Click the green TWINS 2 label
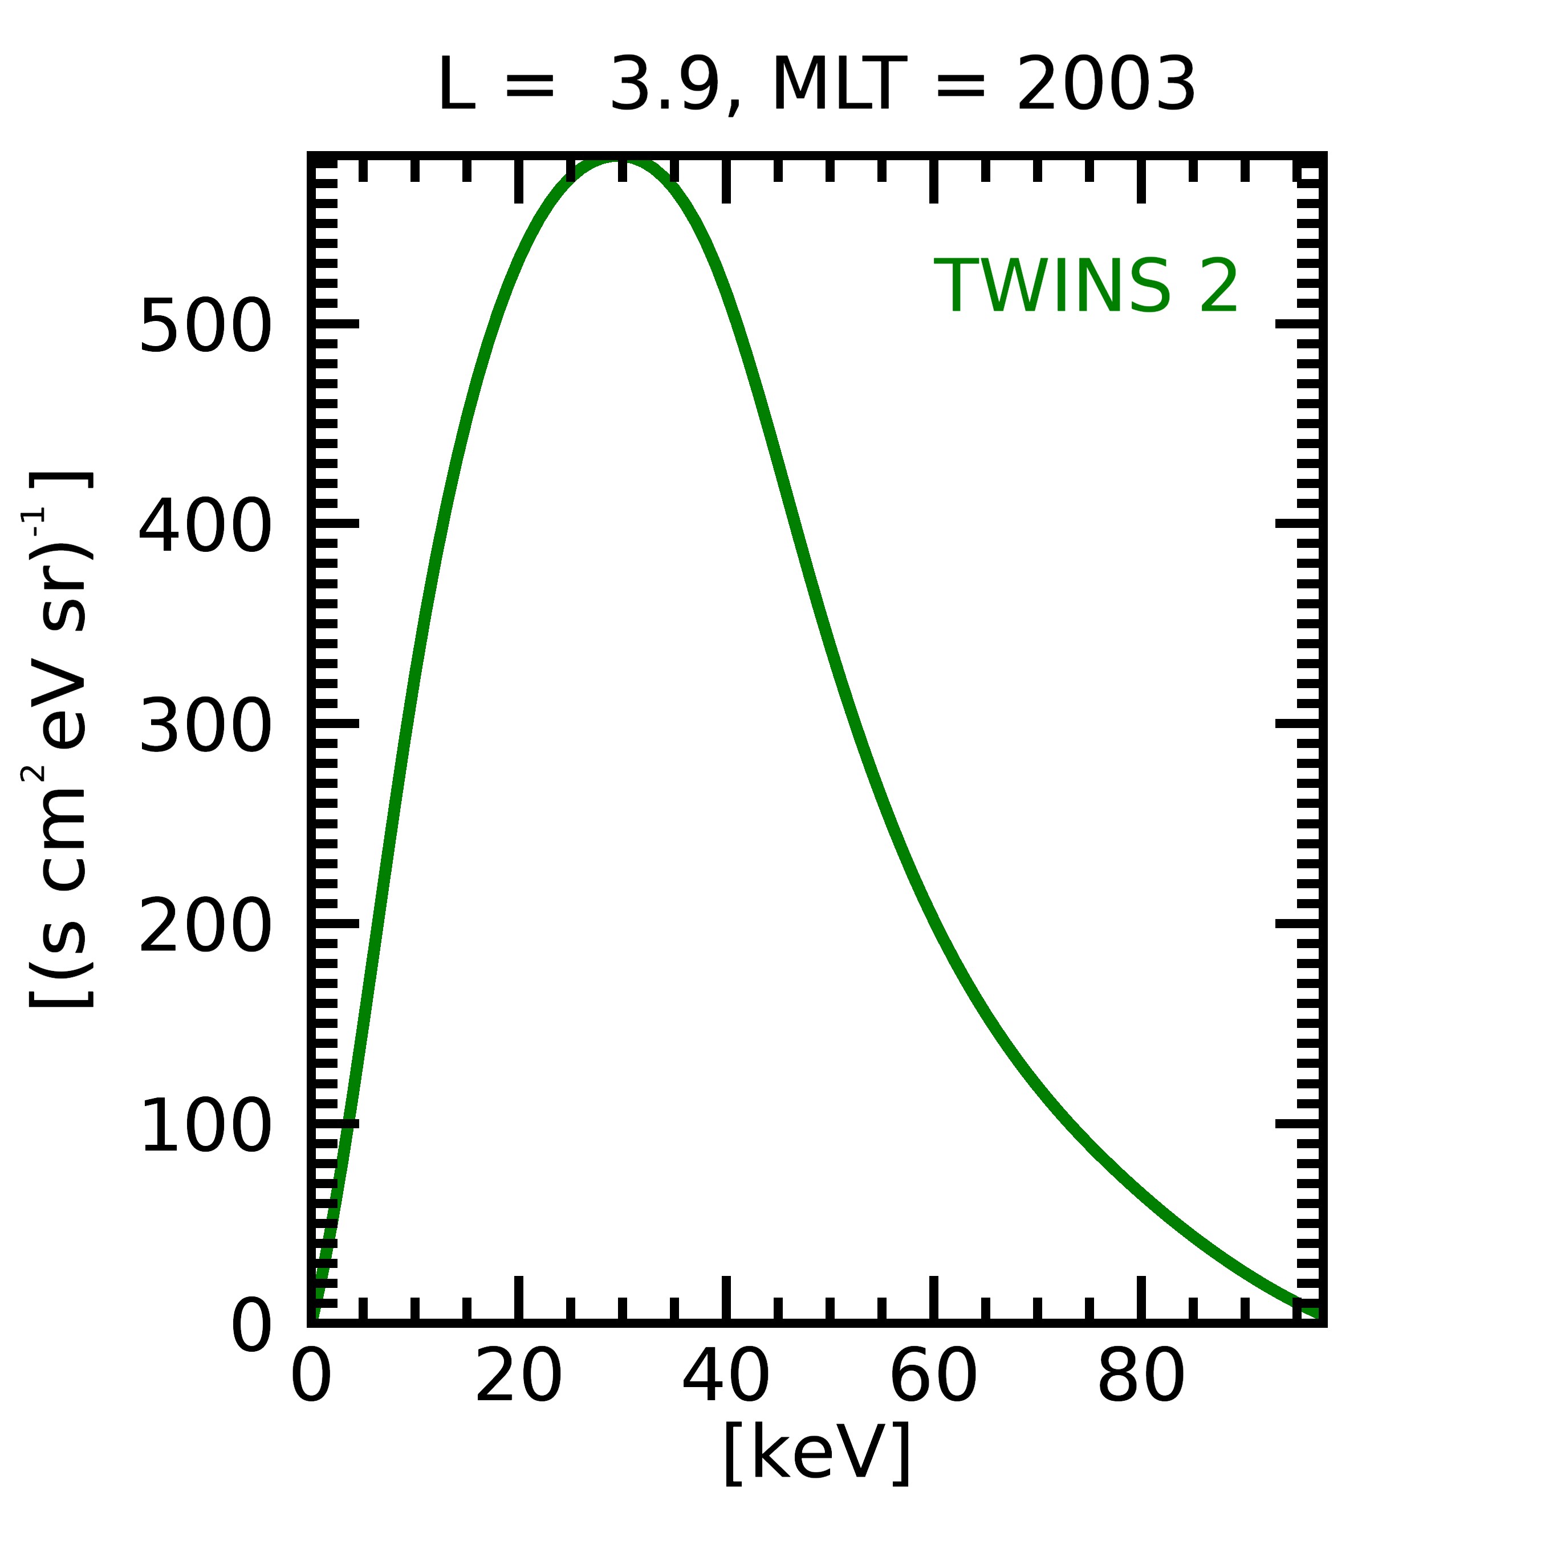click(1086, 287)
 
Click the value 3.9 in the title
click(664, 86)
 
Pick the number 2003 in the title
click(1105, 86)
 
